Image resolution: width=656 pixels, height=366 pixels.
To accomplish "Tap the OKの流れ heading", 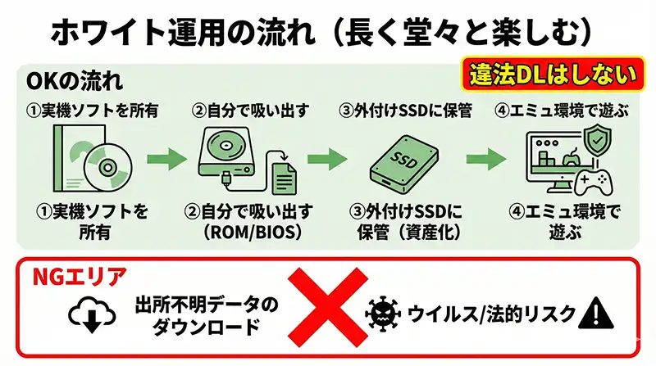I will click(x=75, y=81).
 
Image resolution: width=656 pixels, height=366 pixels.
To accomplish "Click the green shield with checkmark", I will click(x=600, y=142).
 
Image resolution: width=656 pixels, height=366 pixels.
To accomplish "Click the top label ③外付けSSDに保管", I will click(x=408, y=110).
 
